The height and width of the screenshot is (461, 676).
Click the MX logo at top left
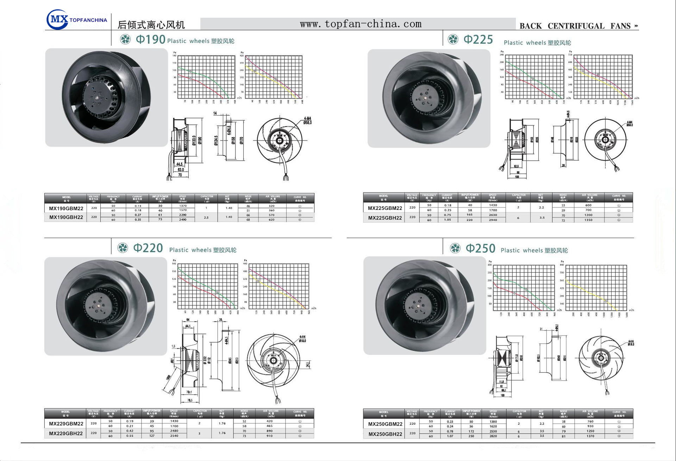(57, 19)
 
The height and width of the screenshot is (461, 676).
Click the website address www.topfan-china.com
(361, 24)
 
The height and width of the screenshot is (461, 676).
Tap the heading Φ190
(150, 39)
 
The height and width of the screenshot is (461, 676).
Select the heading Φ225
(478, 39)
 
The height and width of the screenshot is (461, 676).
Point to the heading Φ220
(148, 248)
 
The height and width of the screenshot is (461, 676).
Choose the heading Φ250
(480, 248)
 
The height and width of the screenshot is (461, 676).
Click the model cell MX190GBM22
(66, 208)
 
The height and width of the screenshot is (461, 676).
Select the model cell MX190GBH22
(66, 217)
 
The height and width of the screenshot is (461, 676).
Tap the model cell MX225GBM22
(385, 208)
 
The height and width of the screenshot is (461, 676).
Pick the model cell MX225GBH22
(385, 218)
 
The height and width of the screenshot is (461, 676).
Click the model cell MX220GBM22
(66, 424)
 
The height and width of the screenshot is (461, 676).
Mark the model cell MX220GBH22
(66, 434)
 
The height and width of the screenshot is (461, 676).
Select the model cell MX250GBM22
(385, 424)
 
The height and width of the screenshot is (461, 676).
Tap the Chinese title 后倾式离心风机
(151, 25)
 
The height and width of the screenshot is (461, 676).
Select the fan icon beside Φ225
(453, 39)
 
